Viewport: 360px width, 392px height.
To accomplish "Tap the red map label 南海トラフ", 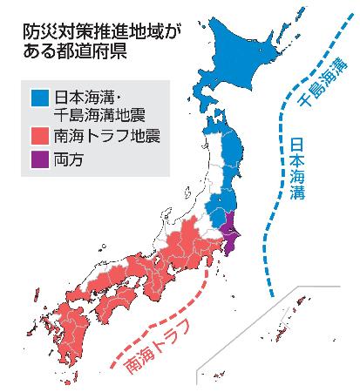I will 159,344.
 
